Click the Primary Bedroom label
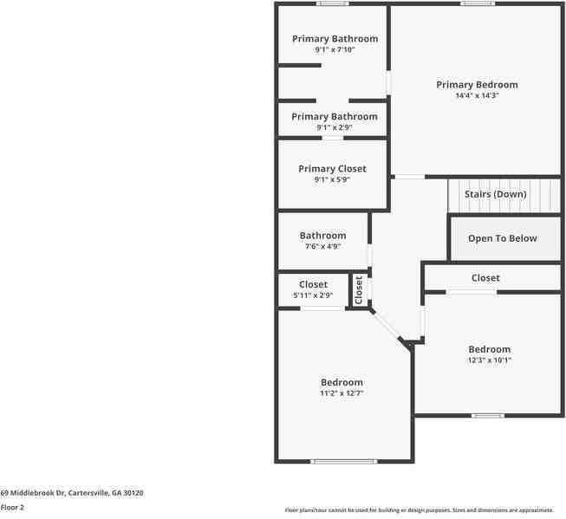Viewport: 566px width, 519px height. [477, 85]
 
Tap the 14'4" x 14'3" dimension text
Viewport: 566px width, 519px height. [477, 96]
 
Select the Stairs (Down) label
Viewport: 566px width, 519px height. [495, 194]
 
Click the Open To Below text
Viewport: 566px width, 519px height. [503, 238]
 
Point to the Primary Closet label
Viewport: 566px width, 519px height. [332, 169]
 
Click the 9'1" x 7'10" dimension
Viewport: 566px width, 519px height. [335, 50]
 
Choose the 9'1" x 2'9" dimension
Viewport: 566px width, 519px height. [335, 128]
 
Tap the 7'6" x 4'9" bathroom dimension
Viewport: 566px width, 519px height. [322, 247]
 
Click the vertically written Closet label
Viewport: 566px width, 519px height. [358, 290]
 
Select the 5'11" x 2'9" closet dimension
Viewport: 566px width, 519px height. [313, 295]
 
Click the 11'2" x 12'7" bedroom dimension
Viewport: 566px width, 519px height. [342, 393]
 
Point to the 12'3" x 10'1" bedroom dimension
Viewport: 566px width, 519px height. [489, 360]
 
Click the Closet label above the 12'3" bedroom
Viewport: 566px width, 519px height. [485, 278]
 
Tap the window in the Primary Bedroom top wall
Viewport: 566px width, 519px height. [477, 3]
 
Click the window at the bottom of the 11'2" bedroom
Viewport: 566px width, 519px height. [344, 461]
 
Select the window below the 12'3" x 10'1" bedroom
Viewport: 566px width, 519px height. [487, 416]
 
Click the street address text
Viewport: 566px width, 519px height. [72, 493]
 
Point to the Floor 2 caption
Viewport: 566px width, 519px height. [12, 508]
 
